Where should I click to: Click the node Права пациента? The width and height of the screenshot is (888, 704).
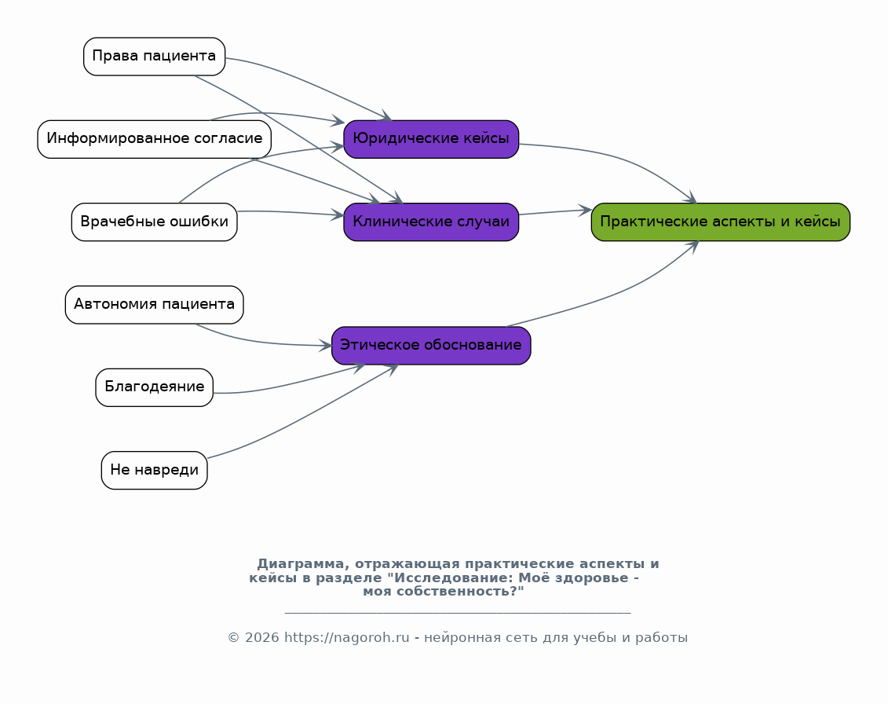click(154, 56)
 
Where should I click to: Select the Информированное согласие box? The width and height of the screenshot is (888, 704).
click(154, 139)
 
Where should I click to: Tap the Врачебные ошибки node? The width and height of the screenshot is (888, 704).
click(154, 222)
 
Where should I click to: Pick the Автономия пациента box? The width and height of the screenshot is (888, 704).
click(154, 304)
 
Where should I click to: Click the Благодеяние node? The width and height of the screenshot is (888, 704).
click(154, 387)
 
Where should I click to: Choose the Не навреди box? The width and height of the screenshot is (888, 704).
click(154, 470)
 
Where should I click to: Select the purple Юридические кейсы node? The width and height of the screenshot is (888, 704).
click(431, 139)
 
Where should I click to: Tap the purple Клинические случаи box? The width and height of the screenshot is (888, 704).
click(431, 222)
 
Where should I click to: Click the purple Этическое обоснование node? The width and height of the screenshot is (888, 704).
click(431, 345)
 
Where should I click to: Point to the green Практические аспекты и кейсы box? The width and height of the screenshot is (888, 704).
click(720, 222)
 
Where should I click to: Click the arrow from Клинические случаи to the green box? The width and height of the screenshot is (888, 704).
click(555, 212)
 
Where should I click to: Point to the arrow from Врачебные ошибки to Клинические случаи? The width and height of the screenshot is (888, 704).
click(291, 213)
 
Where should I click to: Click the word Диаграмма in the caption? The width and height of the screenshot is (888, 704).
click(300, 564)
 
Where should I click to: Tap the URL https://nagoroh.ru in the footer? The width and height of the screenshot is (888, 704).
click(346, 638)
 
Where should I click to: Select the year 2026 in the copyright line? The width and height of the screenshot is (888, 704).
click(262, 638)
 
